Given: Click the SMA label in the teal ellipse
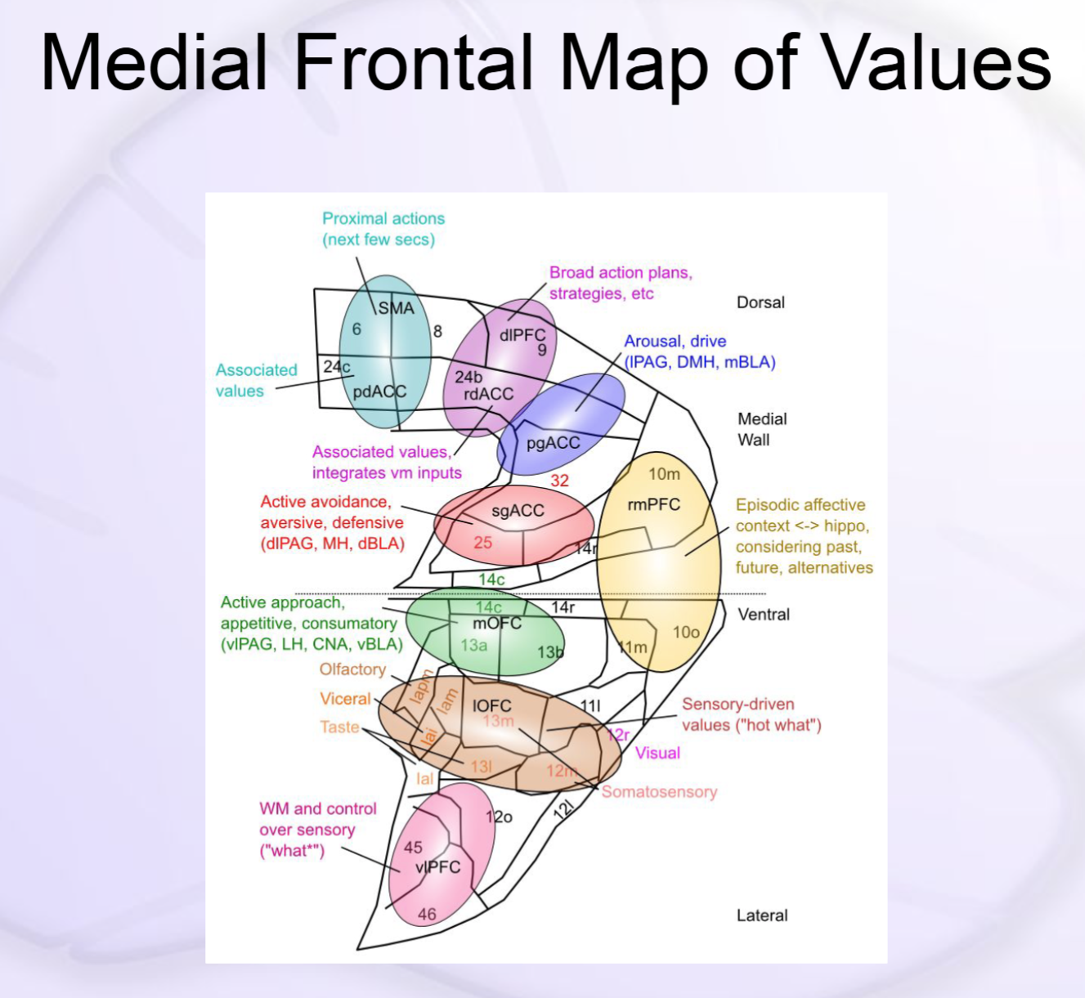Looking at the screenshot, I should click(x=396, y=308).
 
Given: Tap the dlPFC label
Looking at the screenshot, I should click(x=522, y=335).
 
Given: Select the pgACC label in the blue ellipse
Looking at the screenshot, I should click(x=553, y=443).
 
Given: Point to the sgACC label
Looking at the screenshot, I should click(x=518, y=511).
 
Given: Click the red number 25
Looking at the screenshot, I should click(x=482, y=542).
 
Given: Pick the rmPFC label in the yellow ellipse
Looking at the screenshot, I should click(x=653, y=504).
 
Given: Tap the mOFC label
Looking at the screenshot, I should click(x=497, y=623).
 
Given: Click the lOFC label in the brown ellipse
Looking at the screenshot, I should click(x=492, y=705).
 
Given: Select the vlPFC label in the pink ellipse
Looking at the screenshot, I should click(x=437, y=867).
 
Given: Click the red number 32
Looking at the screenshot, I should click(x=559, y=481).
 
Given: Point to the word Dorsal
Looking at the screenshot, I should click(x=760, y=302).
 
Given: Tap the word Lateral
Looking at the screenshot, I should click(x=762, y=915).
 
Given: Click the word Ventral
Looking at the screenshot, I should click(x=764, y=615).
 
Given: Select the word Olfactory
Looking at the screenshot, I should click(x=352, y=669).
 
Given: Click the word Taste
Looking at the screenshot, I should click(x=339, y=727).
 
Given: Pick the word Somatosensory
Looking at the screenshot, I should click(x=659, y=791).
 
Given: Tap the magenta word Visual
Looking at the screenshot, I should click(x=657, y=753).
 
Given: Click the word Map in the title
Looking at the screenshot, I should click(x=634, y=64).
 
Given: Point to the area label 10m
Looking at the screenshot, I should click(x=664, y=474).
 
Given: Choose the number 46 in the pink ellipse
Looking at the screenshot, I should click(x=427, y=915).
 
